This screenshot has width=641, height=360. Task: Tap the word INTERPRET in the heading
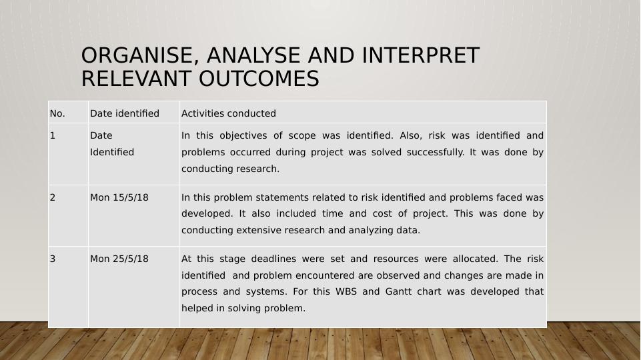point(421,56)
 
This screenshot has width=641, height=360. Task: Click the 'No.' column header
point(57,114)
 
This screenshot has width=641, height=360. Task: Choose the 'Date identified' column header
point(125,114)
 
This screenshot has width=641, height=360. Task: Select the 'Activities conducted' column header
point(229,114)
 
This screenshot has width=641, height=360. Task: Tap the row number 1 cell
point(53,135)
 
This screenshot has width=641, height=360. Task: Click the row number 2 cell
point(53,197)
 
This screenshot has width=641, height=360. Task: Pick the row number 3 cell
point(53,259)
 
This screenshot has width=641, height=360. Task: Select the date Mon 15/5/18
point(119,197)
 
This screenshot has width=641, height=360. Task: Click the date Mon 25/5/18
point(119,259)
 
